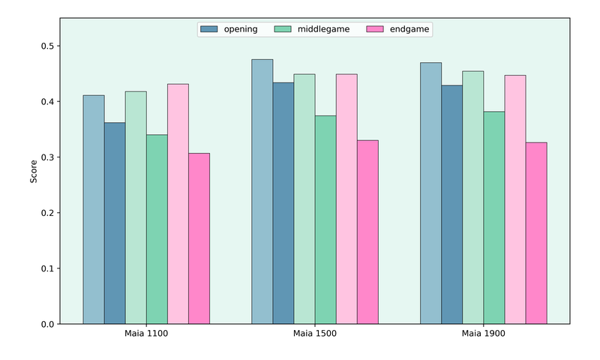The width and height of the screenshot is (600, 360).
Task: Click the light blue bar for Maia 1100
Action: coord(94,210)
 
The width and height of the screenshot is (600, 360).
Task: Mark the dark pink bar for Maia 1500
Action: coord(367,232)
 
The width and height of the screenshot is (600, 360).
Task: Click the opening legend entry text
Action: coord(240,29)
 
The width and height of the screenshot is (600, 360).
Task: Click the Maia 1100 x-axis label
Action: coord(146,334)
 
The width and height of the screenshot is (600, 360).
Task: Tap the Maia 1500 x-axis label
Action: coord(315,334)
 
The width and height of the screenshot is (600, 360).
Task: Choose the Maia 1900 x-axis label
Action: coord(483,334)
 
